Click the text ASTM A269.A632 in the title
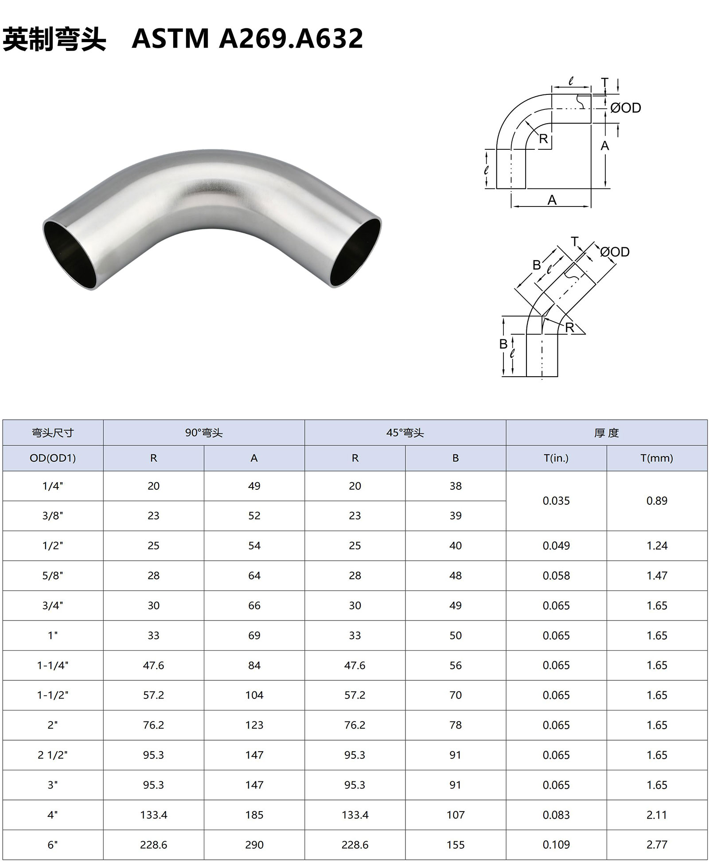click(247, 38)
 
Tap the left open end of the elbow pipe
click(70, 253)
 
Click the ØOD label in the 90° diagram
click(625, 108)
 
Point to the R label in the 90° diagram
click(543, 139)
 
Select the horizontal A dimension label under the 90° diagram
click(552, 200)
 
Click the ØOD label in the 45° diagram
click(615, 252)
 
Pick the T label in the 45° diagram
click(575, 242)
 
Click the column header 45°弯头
click(405, 433)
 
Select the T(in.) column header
click(556, 458)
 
